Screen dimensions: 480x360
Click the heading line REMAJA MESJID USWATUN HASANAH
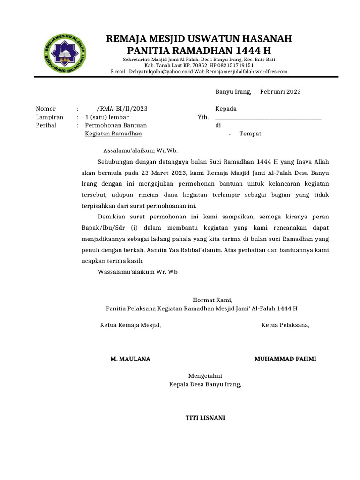pos(199,38)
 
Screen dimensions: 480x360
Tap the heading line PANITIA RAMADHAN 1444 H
pos(199,51)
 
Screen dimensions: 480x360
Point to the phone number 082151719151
pos(235,66)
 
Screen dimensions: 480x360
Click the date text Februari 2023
pos(280,92)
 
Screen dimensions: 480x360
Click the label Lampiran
pos(50,117)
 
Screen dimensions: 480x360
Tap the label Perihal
pos(46,126)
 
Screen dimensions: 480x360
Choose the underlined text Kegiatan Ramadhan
pos(113,134)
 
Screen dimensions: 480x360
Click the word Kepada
pos(226,109)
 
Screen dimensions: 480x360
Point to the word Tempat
pos(250,134)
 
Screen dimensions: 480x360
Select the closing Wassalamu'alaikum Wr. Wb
pos(138,272)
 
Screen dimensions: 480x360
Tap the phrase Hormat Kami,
pos(212,300)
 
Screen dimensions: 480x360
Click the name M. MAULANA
pos(130,359)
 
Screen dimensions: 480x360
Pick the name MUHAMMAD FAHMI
pos(285,359)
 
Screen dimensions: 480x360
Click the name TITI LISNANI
pos(205,418)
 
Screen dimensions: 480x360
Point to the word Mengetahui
pos(205,376)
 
